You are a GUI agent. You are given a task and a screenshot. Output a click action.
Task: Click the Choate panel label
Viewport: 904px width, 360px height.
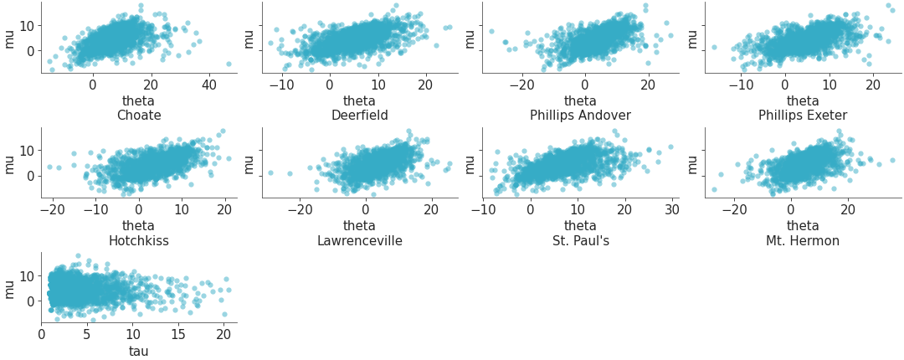click(x=139, y=116)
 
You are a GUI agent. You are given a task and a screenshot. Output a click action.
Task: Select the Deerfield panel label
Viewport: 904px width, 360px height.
click(x=359, y=116)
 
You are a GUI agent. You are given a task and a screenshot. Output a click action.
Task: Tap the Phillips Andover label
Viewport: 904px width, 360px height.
click(x=580, y=116)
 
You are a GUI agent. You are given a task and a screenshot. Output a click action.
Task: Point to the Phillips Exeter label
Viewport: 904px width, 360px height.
click(x=803, y=116)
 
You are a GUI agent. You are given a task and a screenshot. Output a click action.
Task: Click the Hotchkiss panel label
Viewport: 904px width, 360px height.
click(x=139, y=241)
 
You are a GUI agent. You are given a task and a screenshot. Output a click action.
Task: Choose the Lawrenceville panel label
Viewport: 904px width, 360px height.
click(x=359, y=241)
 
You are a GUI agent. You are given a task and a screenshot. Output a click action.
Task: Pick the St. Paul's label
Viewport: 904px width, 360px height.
click(x=580, y=241)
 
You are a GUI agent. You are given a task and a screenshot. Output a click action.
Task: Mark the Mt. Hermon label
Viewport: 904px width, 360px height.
click(x=803, y=241)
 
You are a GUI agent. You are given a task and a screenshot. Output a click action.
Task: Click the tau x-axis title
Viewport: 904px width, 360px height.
click(x=139, y=351)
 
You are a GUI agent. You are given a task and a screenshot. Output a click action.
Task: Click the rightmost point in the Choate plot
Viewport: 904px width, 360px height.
click(x=229, y=64)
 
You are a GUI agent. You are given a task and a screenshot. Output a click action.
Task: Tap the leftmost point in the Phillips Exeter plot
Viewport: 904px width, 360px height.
click(x=715, y=47)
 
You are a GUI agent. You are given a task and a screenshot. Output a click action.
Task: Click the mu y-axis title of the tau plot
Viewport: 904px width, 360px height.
click(x=10, y=288)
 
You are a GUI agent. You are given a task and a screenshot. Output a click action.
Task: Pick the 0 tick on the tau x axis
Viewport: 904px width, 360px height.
click(x=42, y=335)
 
